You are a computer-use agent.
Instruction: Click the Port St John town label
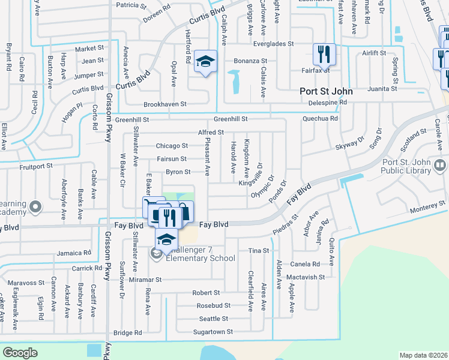pyautogui.click(x=326, y=92)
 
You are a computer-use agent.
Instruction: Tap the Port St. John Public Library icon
pyautogui.click(x=441, y=163)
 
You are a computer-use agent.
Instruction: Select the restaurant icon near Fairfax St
pyautogui.click(x=323, y=55)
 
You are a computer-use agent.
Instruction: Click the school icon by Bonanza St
pyautogui.click(x=205, y=62)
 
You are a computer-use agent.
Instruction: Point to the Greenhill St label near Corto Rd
pyautogui.click(x=131, y=120)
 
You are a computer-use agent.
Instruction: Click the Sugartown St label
pyautogui.click(x=212, y=332)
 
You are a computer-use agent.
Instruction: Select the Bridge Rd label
pyautogui.click(x=127, y=332)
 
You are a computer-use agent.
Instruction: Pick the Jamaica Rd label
pyautogui.click(x=74, y=253)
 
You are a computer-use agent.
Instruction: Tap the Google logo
pyautogui.click(x=20, y=352)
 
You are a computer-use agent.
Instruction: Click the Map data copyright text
pyautogui.click(x=424, y=355)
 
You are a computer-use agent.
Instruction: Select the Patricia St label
pyautogui.click(x=131, y=5)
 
